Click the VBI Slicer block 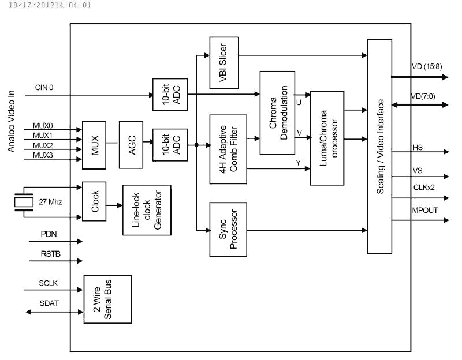pos(224,63)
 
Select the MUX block pos(94,145)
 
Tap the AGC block pos(131,145)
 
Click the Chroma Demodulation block pos(277,112)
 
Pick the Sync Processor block pos(228,229)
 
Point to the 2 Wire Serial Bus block pos(107,299)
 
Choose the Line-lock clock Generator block pos(147,210)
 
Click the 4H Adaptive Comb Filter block pos(228,149)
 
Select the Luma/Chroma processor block pos(327,138)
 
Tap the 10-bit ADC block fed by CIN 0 pos(170,95)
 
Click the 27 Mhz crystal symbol pos(24,202)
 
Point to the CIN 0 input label pos(44,88)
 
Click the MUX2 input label pos(43,145)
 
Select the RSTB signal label pos(51,254)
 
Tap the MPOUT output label pos(425,210)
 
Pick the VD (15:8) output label pos(427,66)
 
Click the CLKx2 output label pos(424,187)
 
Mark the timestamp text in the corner pos(50,5)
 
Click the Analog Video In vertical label pos(11,121)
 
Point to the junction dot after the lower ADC pos(196,145)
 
